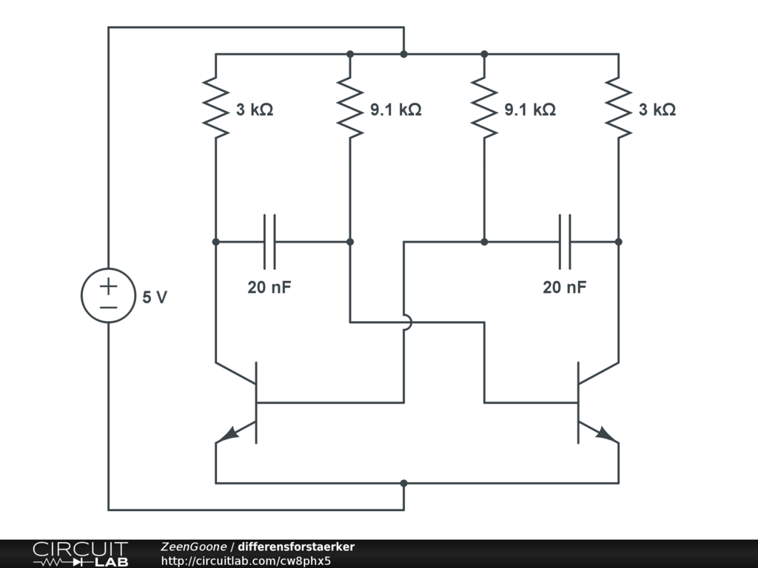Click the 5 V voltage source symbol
point(108,295)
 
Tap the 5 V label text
point(155,297)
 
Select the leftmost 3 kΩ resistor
point(215,108)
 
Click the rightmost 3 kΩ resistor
point(618,108)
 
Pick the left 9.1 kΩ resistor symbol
point(350,108)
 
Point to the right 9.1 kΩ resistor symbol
point(484,108)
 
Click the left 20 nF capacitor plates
point(269,241)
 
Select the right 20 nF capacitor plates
point(565,241)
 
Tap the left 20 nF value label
point(269,288)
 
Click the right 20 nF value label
point(565,288)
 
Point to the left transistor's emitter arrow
point(229,434)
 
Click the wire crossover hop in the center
point(404,322)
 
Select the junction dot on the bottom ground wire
point(403,483)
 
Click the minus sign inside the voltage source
point(108,306)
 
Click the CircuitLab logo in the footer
point(80,553)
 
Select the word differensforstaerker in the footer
point(296,547)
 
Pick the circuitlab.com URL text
point(245,561)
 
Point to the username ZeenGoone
point(194,547)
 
